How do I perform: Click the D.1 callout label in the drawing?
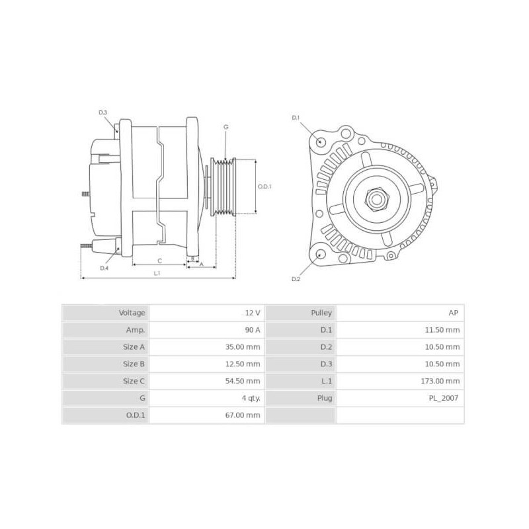pyautogui.click(x=296, y=118)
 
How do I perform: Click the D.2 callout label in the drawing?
pyautogui.click(x=296, y=279)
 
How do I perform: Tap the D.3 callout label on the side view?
pyautogui.click(x=102, y=112)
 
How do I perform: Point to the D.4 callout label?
pyautogui.click(x=104, y=268)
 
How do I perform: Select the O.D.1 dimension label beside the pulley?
pyautogui.click(x=264, y=186)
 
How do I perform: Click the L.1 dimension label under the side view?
pyautogui.click(x=157, y=272)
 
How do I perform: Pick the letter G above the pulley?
pyautogui.click(x=225, y=126)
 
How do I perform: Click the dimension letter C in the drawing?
pyautogui.click(x=159, y=260)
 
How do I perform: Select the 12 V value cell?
pyautogui.click(x=252, y=312)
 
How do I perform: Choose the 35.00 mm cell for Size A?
pyautogui.click(x=245, y=346)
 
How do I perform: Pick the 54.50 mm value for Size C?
pyautogui.click(x=245, y=381)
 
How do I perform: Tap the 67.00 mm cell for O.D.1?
pyautogui.click(x=245, y=415)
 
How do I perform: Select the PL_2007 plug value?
pyautogui.click(x=443, y=398)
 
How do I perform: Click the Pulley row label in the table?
pyautogui.click(x=321, y=312)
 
